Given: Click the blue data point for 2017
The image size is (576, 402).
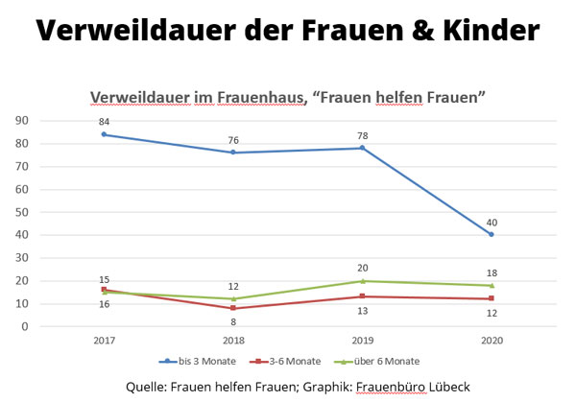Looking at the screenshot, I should [x=103, y=134].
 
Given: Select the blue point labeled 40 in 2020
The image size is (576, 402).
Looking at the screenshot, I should [x=492, y=234].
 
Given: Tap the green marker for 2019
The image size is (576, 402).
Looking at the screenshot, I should [x=362, y=281].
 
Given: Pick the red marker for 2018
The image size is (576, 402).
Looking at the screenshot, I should [x=232, y=308].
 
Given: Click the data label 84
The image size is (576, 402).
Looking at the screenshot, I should [x=103, y=121].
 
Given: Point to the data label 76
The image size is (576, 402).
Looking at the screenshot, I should [x=233, y=140].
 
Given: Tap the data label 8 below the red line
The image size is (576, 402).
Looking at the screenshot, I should [x=233, y=322].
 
